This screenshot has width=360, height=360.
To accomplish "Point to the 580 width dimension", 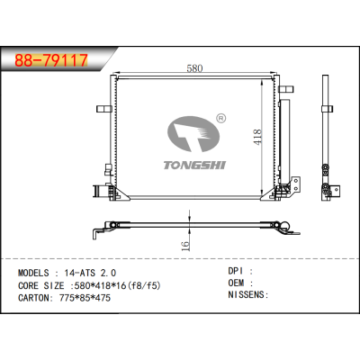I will click(x=193, y=68).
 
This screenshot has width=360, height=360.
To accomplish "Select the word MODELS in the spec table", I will click(x=37, y=270).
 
